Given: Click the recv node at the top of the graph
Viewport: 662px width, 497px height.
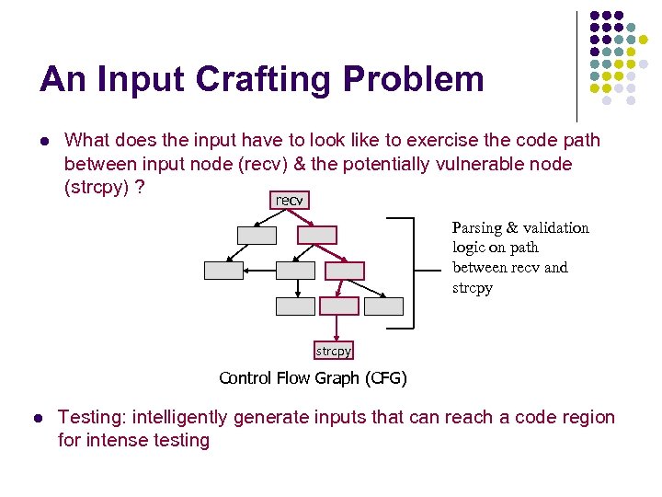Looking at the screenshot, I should [289, 201].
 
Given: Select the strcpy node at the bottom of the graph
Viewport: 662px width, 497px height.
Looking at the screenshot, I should [334, 351].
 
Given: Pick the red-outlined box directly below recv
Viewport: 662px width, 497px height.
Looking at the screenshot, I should [317, 235].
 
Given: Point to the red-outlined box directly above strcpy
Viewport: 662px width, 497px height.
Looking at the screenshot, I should [338, 306].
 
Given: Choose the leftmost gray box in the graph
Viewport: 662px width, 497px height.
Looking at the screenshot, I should [223, 271].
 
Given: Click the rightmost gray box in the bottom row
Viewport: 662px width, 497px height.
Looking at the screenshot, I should [383, 306].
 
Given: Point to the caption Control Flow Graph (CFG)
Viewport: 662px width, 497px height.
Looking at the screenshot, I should [313, 378].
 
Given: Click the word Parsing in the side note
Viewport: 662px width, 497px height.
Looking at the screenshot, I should [476, 227].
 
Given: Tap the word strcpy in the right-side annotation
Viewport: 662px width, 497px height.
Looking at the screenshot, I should [473, 288].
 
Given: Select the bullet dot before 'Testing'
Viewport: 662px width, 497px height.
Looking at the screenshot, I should [37, 418].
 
